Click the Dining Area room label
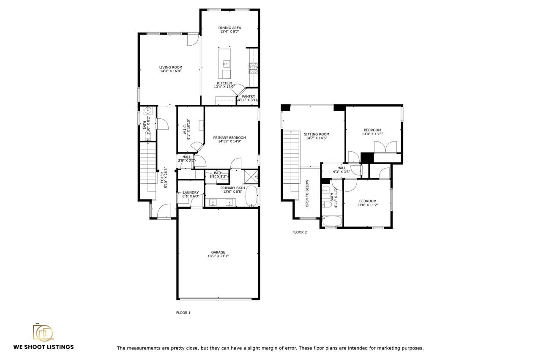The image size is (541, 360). (x=230, y=28)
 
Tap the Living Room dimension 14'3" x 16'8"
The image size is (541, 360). (x=171, y=71)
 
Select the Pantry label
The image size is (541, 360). (x=249, y=96)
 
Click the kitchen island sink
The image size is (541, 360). (x=226, y=64)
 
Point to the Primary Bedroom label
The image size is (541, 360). (x=230, y=138)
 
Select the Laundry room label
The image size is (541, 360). (x=191, y=192)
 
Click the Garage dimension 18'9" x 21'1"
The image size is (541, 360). (x=218, y=256)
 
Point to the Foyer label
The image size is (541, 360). (x=162, y=177)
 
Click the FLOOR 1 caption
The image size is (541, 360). (x=183, y=313)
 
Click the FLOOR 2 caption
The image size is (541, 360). (x=300, y=232)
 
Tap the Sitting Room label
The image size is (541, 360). (x=317, y=134)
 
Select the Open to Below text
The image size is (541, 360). (x=307, y=194)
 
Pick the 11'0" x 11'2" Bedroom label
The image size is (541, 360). (x=367, y=201)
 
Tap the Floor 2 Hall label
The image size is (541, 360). (x=342, y=168)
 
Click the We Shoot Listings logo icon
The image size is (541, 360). (x=43, y=332)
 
